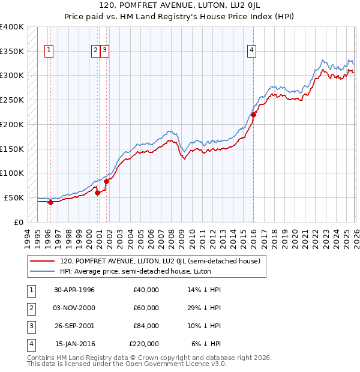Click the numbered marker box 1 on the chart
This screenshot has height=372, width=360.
tap(49, 51)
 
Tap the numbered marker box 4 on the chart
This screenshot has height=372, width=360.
tap(252, 51)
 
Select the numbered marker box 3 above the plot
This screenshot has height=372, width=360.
tap(105, 51)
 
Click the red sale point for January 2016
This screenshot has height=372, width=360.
tap(253, 115)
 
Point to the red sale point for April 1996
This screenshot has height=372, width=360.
tap(50, 202)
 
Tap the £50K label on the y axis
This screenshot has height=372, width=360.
tap(14, 197)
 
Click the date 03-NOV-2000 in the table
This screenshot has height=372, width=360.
tap(74, 308)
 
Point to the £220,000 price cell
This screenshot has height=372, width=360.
tap(144, 344)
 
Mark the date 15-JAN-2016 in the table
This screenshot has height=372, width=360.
tap(74, 344)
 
